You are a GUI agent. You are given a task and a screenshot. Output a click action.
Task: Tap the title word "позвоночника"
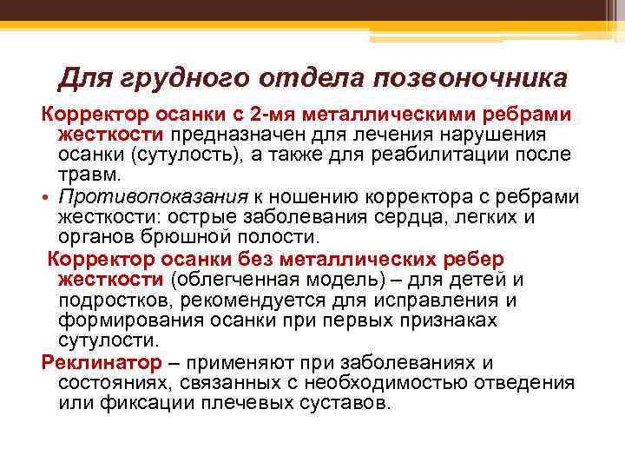click(x=470, y=79)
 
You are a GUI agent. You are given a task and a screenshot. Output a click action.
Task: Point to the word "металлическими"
click(x=368, y=116)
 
